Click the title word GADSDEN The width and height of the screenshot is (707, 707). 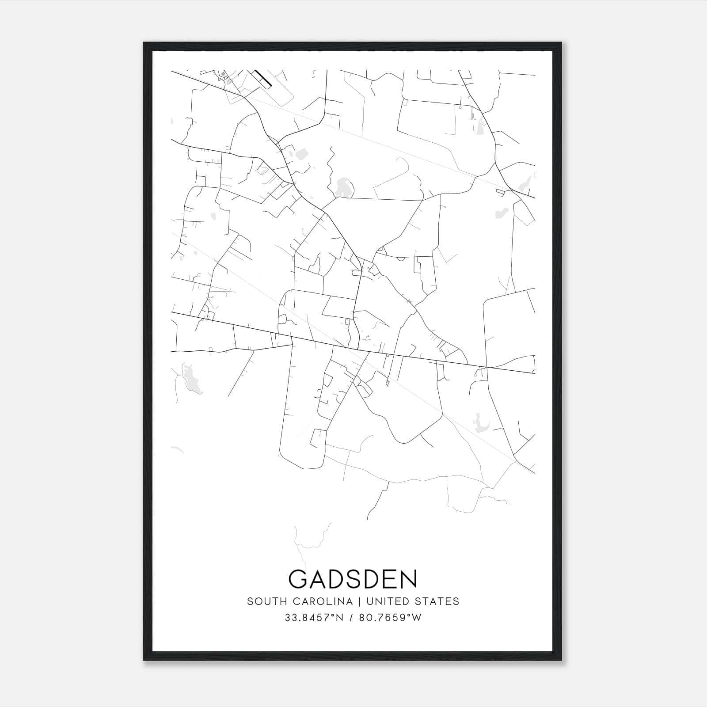tap(353, 579)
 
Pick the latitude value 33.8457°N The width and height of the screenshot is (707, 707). tap(314, 618)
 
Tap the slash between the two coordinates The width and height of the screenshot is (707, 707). tap(351, 618)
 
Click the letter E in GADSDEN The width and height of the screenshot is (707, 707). tap(390, 579)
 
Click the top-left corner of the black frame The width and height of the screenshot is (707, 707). tap(144, 43)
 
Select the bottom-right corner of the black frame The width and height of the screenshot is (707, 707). tap(561, 661)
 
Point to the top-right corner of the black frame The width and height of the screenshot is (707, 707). tap(561, 43)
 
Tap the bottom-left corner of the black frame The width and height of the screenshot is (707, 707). tap(144, 661)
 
